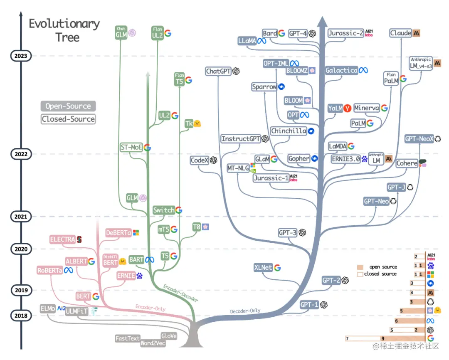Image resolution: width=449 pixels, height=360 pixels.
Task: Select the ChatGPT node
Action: tap(218, 72)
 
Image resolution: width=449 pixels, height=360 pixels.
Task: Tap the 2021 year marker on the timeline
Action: tap(20, 216)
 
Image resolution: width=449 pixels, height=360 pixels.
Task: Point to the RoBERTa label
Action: tap(49, 270)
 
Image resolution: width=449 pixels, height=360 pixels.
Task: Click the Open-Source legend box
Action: tap(68, 106)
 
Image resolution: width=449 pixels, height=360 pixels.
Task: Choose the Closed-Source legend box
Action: tap(68, 119)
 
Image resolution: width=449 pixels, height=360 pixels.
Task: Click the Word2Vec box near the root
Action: tap(153, 343)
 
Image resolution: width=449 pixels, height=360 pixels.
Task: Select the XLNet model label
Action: tap(263, 268)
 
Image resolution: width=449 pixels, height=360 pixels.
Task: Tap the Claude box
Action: tap(401, 33)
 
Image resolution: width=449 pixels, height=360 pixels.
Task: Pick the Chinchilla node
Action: tap(289, 131)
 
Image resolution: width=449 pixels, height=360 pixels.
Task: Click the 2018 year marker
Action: tap(20, 316)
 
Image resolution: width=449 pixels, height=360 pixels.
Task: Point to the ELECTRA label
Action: tap(62, 239)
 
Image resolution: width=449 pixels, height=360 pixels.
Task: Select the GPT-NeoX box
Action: tap(419, 139)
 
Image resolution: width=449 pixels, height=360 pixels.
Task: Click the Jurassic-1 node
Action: tap(271, 178)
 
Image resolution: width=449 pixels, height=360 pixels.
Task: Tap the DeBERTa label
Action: tap(118, 233)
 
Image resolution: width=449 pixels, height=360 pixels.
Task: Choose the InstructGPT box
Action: tap(241, 139)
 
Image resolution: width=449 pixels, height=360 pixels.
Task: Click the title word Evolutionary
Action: tap(64, 24)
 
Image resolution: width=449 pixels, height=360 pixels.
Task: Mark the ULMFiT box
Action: tap(77, 311)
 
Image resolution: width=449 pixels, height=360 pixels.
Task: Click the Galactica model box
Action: tap(341, 70)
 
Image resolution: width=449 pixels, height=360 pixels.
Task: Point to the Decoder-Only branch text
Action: tap(245, 311)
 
